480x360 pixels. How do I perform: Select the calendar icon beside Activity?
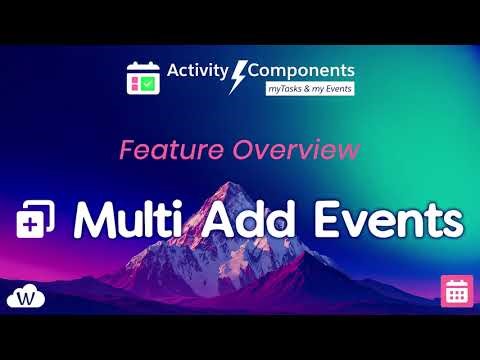coord(144,78)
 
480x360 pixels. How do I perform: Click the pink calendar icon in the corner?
coord(457,291)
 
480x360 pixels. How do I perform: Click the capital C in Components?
coord(255,71)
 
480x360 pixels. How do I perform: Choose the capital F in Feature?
coord(127,151)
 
